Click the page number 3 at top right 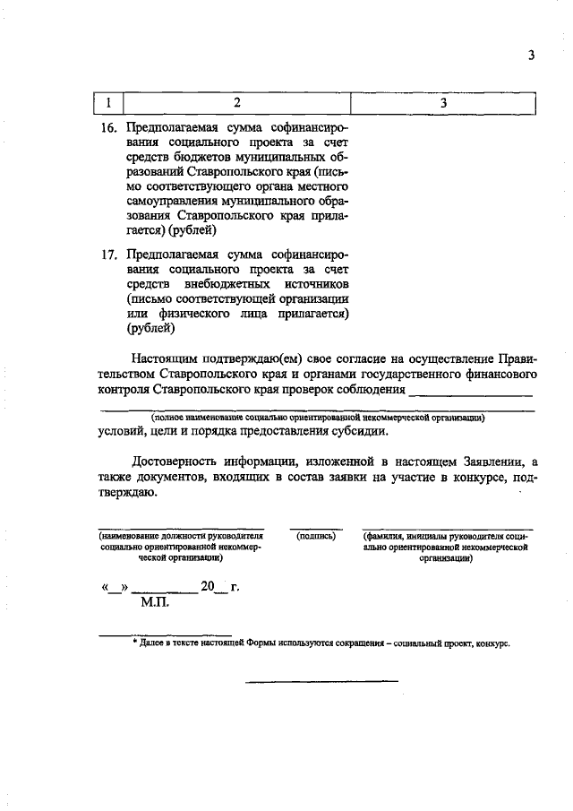click(x=531, y=56)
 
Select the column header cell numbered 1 click(x=107, y=103)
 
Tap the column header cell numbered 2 click(x=236, y=103)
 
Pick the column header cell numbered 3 click(x=443, y=103)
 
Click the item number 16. click(x=108, y=128)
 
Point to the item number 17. click(x=108, y=255)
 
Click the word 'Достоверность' click(x=175, y=461)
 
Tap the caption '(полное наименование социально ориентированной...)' click(x=318, y=417)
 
